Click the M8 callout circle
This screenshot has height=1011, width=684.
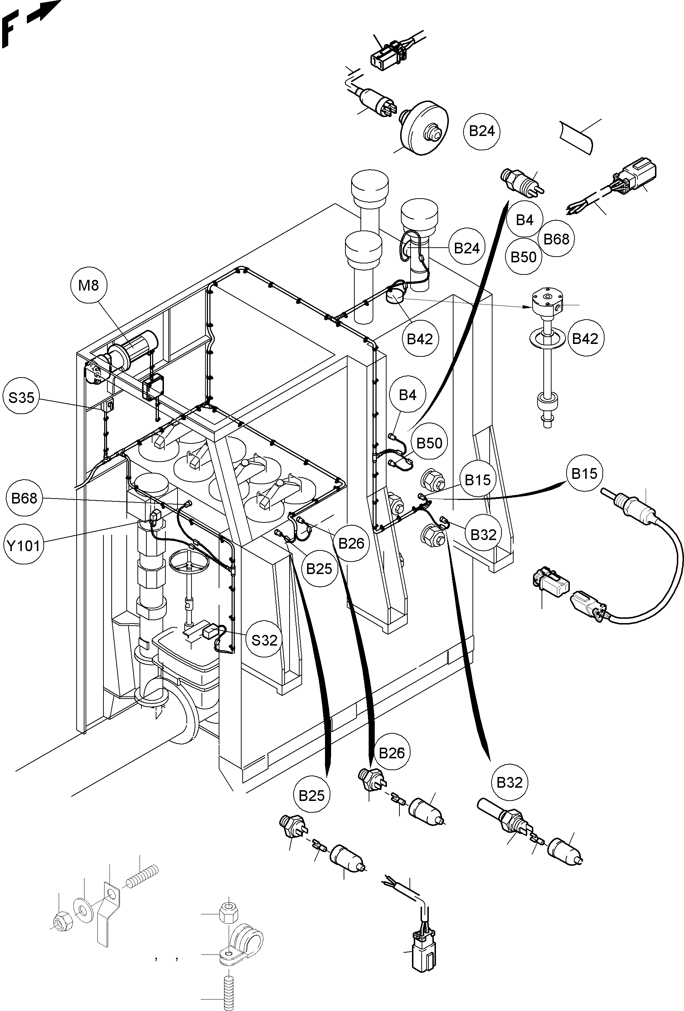pos(88,285)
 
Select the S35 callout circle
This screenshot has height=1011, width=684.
pos(21,397)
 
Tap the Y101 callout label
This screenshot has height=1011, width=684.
pos(24,545)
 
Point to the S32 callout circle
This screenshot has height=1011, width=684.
pos(264,640)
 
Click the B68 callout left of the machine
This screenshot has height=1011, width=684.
pos(24,498)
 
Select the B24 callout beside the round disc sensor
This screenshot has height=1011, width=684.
pos(482,131)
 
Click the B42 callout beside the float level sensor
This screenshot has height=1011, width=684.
pos(585,339)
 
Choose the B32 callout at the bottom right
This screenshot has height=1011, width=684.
pos(509,782)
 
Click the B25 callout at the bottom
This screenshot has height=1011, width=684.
pos(311,795)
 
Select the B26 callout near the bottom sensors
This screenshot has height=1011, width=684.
pos(392,753)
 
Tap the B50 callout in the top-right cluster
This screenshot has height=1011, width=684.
pos(523,257)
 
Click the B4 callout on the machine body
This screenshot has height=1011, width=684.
pos(407,395)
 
